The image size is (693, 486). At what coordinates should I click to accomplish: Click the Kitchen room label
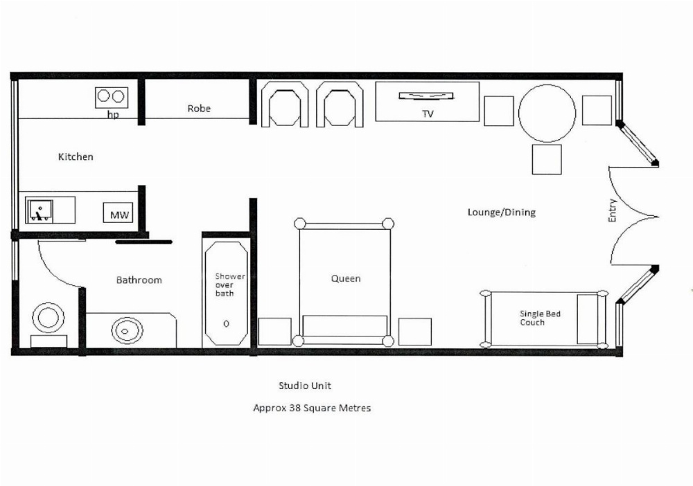tap(75, 157)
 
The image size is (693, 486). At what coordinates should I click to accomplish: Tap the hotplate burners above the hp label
tap(112, 98)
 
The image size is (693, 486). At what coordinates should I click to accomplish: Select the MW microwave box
tap(119, 215)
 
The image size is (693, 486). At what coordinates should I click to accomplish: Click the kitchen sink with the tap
tap(40, 210)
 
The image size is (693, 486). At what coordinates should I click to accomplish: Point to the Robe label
tap(199, 109)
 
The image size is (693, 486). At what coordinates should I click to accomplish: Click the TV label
tap(428, 114)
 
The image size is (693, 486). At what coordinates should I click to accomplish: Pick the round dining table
tap(547, 113)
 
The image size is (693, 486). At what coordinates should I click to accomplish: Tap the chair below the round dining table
tap(547, 159)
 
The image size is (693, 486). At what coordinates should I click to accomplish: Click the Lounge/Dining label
tap(501, 213)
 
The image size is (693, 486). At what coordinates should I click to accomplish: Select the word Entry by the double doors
tap(613, 210)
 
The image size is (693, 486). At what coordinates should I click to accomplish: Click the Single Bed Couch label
tap(540, 318)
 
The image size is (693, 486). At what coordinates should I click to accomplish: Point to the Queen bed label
tap(345, 278)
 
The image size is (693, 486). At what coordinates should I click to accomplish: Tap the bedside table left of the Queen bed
tap(274, 332)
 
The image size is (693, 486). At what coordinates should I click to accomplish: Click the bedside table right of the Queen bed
tap(414, 332)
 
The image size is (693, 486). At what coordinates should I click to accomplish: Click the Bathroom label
tap(139, 280)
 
